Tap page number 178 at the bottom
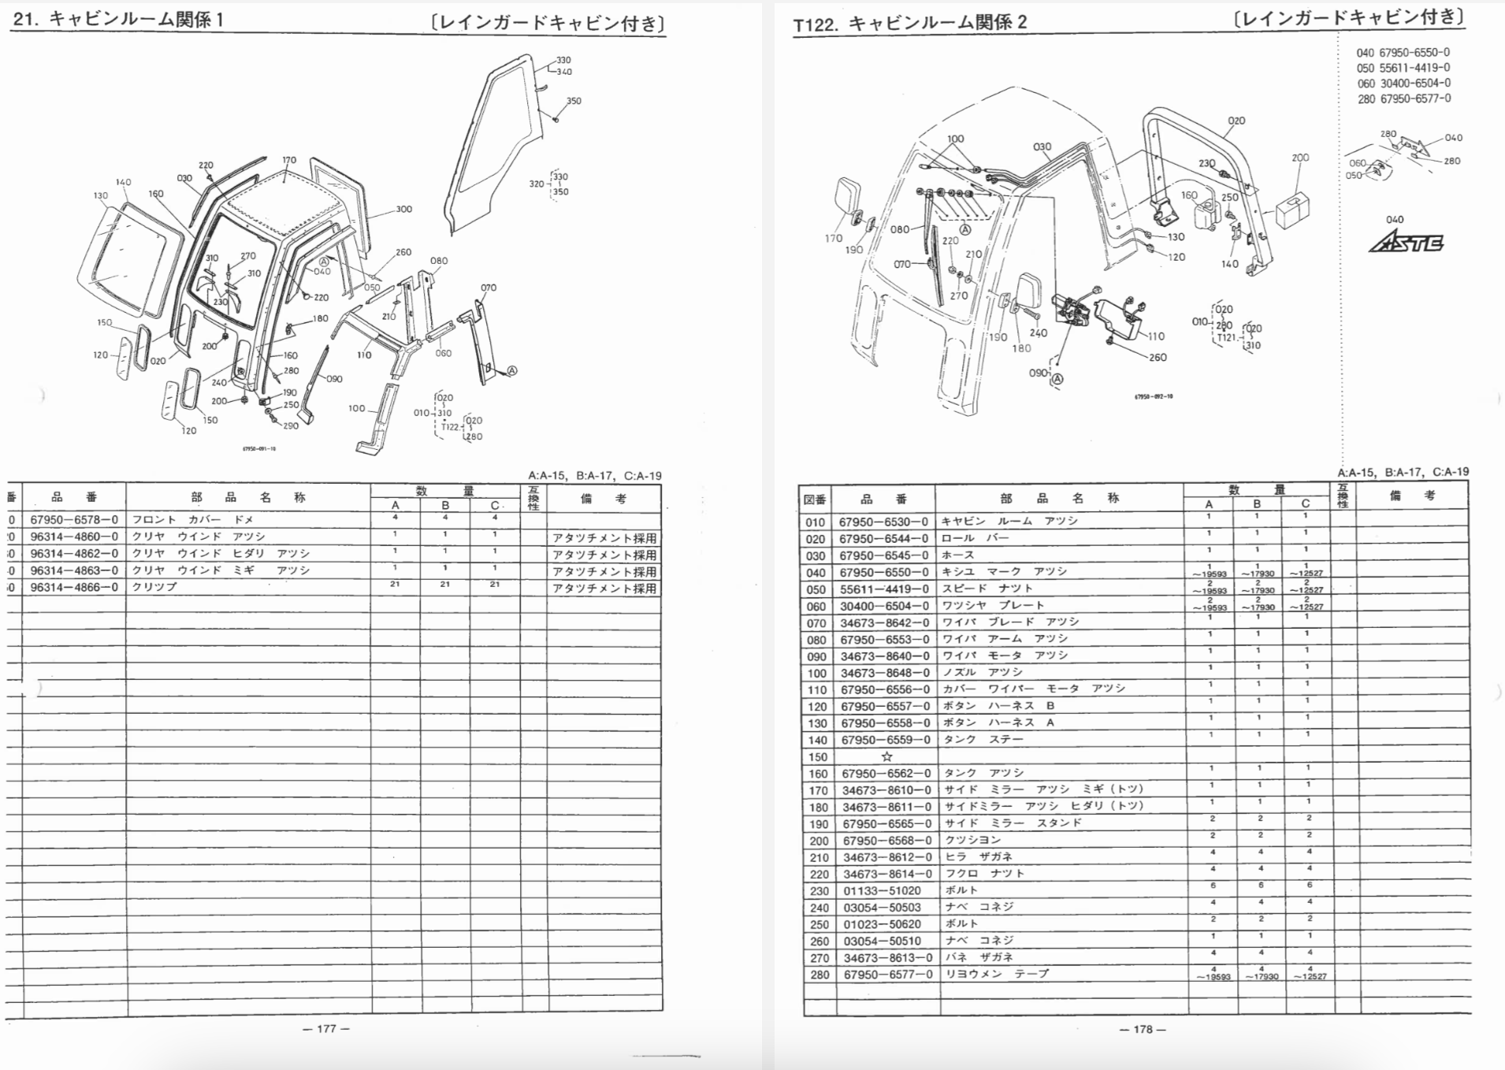(x=1143, y=1029)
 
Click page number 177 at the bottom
(x=326, y=1028)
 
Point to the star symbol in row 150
(x=886, y=756)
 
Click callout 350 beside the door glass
(x=574, y=101)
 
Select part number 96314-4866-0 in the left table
(x=74, y=587)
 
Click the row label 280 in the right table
(x=819, y=975)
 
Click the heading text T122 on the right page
(x=816, y=24)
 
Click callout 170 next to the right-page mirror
(x=834, y=238)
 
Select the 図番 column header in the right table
(x=815, y=499)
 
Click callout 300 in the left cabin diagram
(x=403, y=210)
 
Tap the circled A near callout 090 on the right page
(x=1057, y=379)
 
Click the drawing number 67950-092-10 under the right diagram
(x=1154, y=396)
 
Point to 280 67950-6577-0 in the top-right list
(x=1403, y=99)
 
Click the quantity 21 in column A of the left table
(x=395, y=584)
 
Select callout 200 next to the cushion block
(x=1300, y=158)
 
